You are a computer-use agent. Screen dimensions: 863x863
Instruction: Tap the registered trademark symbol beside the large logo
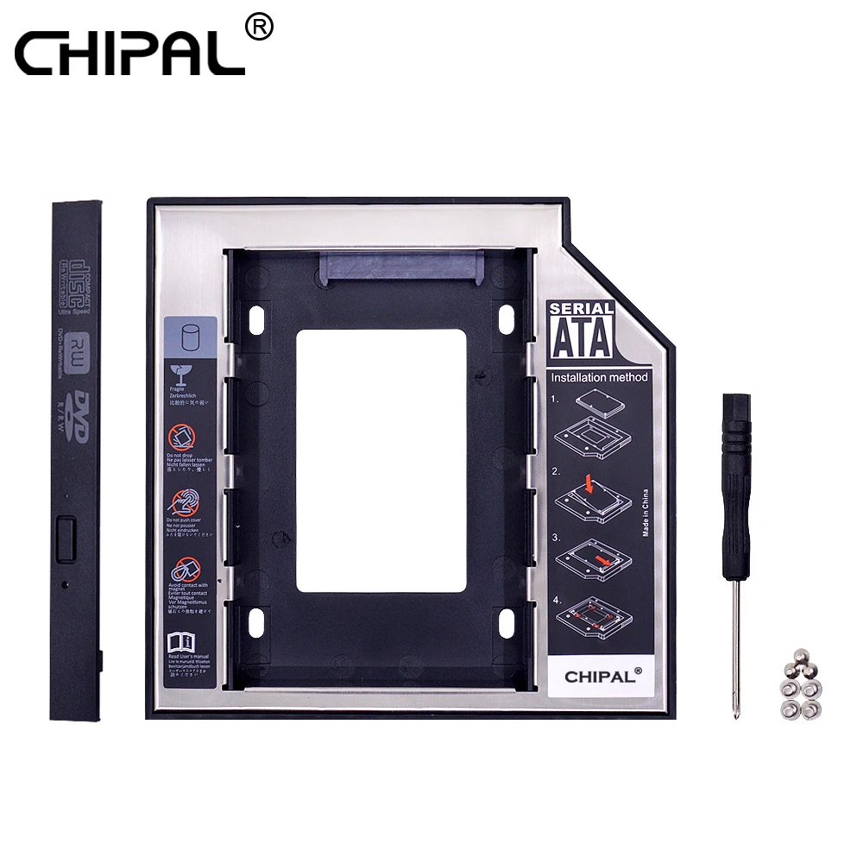click(258, 28)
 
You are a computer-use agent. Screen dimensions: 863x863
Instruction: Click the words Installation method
click(599, 377)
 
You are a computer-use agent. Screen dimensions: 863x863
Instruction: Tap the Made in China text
click(645, 513)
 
